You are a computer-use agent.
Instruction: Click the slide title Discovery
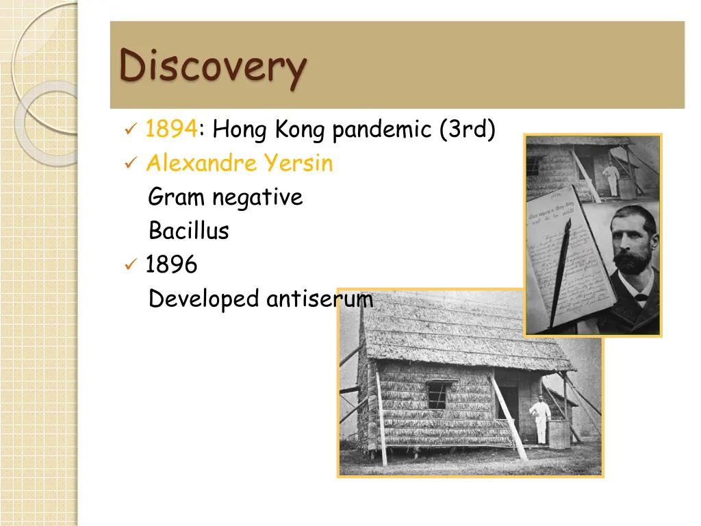click(x=213, y=67)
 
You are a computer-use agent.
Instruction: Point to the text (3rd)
click(x=468, y=129)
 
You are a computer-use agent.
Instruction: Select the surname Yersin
click(x=298, y=163)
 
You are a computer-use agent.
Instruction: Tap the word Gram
click(x=177, y=197)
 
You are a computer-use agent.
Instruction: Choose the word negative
click(x=257, y=197)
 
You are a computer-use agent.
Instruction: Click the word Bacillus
click(x=188, y=231)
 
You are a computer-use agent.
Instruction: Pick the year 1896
click(x=171, y=264)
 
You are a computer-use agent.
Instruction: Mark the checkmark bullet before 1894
click(x=133, y=129)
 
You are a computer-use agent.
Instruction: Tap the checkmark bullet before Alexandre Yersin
click(x=133, y=164)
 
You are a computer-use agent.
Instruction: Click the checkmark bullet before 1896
click(x=133, y=265)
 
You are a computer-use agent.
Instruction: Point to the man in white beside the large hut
click(x=540, y=421)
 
